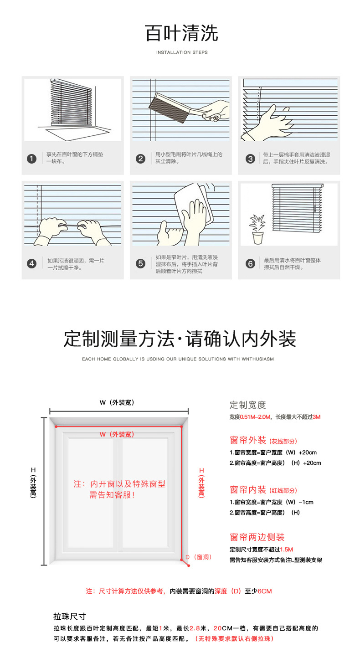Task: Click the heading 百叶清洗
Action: (x=181, y=34)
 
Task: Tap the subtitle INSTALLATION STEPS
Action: (x=182, y=52)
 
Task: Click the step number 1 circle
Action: (x=31, y=159)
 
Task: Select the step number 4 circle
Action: (x=31, y=263)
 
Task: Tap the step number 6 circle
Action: (x=250, y=263)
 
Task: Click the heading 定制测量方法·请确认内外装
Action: (x=180, y=339)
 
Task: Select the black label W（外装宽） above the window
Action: (x=117, y=402)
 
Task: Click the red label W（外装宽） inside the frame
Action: (x=117, y=434)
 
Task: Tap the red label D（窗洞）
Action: (x=198, y=557)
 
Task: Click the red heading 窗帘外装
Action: (x=248, y=440)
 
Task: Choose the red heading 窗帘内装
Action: (x=248, y=490)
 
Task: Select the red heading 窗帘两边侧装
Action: (x=257, y=537)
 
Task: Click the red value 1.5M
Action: (x=286, y=549)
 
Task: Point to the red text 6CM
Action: (x=264, y=591)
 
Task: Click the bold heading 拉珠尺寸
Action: (x=70, y=617)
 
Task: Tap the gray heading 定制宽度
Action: (x=247, y=405)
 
